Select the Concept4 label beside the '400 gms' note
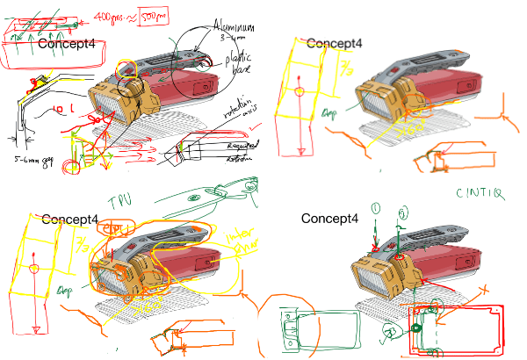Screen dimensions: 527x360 (67, 43)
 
